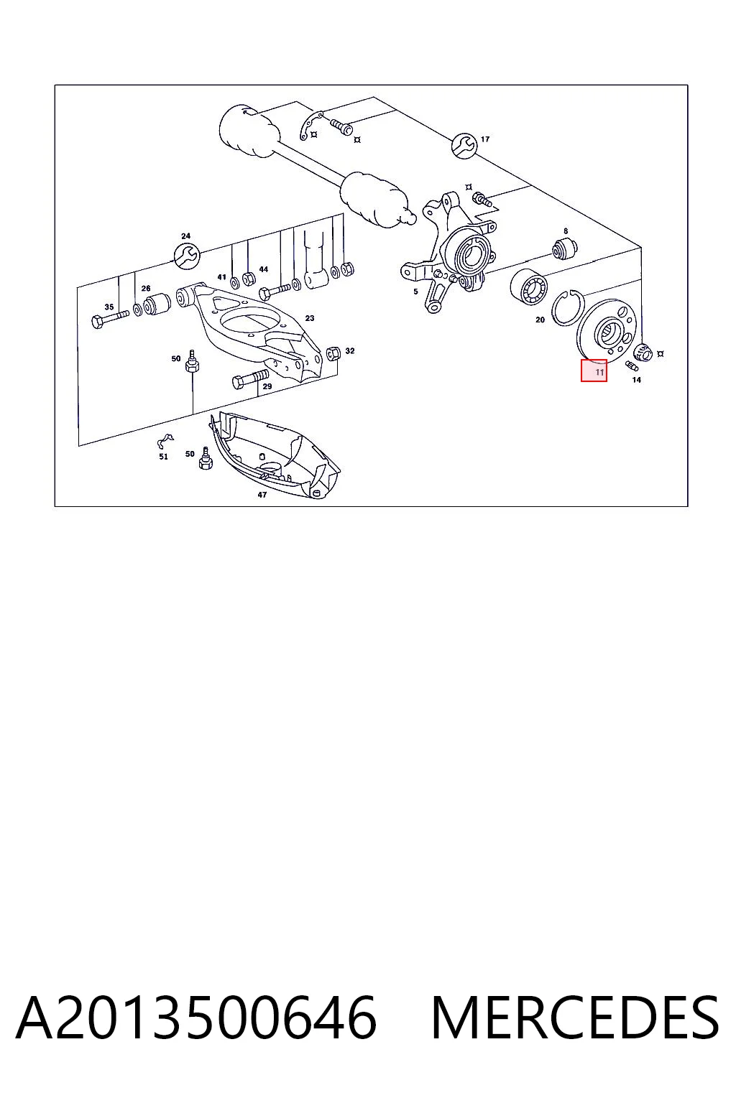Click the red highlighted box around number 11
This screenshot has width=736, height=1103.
click(594, 371)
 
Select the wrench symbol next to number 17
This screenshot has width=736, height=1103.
click(464, 145)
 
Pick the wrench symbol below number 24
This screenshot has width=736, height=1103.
click(187, 256)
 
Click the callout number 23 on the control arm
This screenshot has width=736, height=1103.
click(310, 318)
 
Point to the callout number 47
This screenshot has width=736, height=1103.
click(262, 494)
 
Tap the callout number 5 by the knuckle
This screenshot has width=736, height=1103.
click(415, 292)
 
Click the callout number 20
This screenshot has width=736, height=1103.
click(540, 320)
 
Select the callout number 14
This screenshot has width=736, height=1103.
click(636, 380)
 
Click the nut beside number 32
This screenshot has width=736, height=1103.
click(333, 353)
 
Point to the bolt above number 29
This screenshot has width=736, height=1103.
click(250, 380)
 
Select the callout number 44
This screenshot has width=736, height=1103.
click(264, 269)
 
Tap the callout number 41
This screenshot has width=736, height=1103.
click(222, 276)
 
